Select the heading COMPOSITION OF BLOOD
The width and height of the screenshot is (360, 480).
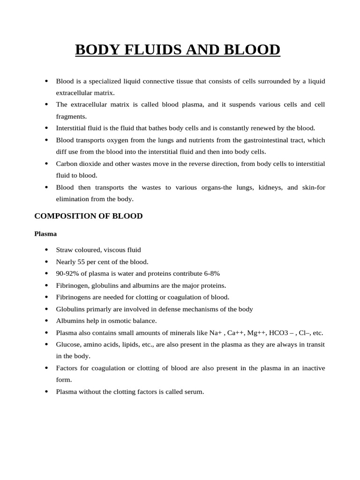89,216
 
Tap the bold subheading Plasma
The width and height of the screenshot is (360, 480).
45,233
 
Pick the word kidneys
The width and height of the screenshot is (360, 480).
269,187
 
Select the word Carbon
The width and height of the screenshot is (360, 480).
66,164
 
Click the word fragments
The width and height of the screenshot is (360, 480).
71,116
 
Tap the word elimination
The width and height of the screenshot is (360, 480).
73,199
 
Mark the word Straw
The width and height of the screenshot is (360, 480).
65,250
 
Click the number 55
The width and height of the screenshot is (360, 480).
82,262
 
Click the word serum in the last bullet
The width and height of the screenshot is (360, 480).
194,392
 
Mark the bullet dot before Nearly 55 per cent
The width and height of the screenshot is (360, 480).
46,262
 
